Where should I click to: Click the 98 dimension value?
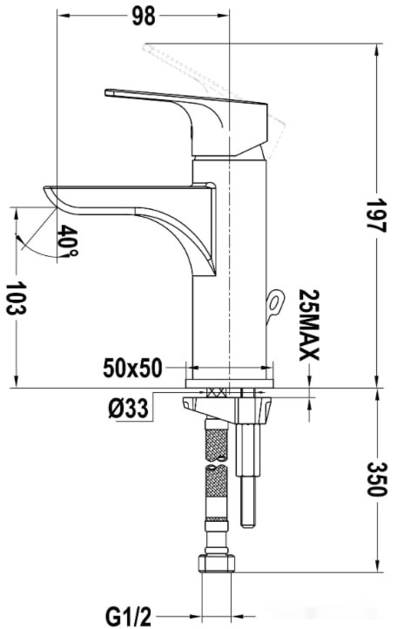[144, 17]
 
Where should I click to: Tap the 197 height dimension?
[376, 216]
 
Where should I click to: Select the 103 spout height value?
[17, 298]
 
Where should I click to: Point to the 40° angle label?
[67, 240]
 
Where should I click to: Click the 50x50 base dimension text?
[132, 368]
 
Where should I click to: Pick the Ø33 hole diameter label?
[128, 409]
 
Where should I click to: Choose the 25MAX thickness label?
[309, 325]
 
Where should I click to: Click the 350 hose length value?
[377, 479]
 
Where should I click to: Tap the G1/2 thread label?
[128, 616]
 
